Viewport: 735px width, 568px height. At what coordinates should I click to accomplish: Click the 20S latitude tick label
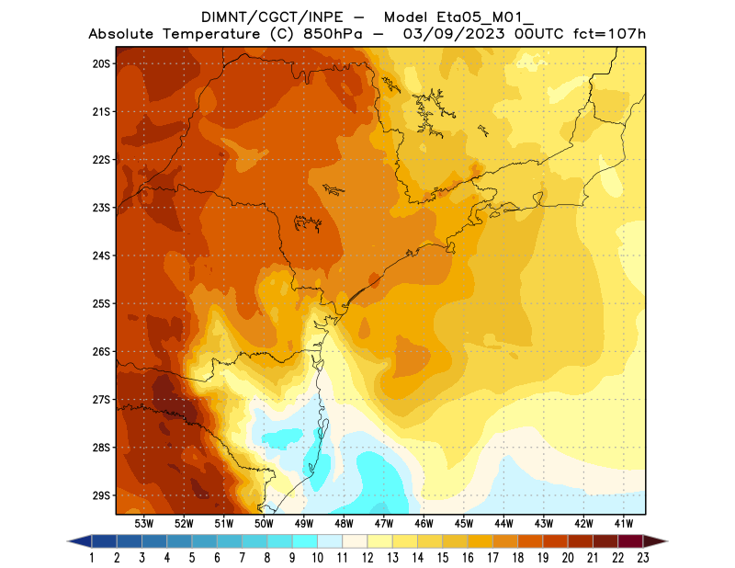pos(101,63)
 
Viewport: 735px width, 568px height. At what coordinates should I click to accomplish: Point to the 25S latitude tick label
pos(101,303)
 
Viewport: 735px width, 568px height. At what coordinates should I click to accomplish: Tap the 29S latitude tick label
pos(101,495)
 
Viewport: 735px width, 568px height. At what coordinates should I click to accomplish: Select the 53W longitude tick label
pos(143,523)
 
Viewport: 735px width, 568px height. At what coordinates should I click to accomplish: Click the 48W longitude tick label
pos(344,523)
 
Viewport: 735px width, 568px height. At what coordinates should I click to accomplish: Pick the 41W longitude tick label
pos(624,523)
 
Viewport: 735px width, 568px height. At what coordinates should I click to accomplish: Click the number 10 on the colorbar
pos(318,557)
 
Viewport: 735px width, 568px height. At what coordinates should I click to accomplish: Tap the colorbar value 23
pos(642,557)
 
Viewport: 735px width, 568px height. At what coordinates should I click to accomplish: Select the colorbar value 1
pos(93,557)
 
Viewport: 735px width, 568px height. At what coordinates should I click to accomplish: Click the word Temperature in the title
pos(209,34)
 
